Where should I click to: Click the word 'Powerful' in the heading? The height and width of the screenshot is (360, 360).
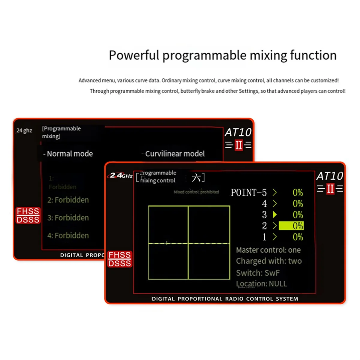[134, 55]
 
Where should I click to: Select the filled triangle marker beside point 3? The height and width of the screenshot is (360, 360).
[274, 214]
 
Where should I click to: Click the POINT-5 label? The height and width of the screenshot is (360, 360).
[248, 192]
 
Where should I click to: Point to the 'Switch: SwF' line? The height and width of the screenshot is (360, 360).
[258, 273]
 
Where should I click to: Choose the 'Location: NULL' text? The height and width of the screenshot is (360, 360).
[261, 284]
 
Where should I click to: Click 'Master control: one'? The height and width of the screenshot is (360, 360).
[268, 250]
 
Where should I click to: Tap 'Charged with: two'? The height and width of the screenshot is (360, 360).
[269, 261]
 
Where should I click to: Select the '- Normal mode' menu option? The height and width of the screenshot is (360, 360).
[68, 154]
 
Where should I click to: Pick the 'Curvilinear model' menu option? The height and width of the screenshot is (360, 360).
[175, 154]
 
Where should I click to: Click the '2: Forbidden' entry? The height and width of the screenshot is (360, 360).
[68, 200]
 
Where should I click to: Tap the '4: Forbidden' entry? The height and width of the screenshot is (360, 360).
[68, 235]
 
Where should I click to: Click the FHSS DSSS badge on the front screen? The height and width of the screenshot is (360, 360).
[120, 259]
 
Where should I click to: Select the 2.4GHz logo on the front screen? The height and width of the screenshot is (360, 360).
[121, 175]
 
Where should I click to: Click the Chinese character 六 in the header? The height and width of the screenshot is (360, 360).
[196, 178]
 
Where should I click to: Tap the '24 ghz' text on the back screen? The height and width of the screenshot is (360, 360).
[24, 130]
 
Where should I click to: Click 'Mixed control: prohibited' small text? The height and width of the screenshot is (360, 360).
[196, 192]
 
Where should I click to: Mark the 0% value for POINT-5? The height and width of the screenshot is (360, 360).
[298, 192]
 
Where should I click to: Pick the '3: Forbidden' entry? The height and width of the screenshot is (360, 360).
[68, 217]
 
